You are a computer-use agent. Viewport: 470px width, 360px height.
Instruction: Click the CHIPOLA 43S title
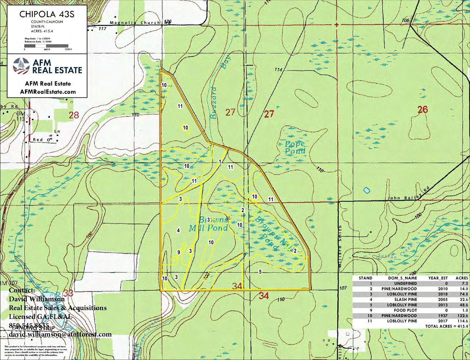(x=47, y=14)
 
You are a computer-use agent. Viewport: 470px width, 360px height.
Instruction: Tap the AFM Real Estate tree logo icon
(x=21, y=66)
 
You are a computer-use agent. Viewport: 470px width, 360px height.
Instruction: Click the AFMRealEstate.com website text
(x=48, y=92)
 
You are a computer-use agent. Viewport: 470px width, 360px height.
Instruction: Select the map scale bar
(x=46, y=46)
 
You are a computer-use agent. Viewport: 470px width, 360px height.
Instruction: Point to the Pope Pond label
(x=295, y=148)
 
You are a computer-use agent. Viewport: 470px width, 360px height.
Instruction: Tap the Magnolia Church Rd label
(x=140, y=23)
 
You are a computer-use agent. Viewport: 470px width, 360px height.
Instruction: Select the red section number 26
(x=423, y=110)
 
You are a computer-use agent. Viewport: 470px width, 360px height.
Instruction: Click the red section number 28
(x=74, y=115)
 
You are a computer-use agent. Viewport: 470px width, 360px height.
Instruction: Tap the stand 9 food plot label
(x=178, y=252)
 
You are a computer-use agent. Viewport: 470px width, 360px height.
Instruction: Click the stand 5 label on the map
(x=260, y=272)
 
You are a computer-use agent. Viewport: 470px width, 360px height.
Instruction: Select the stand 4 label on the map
(x=178, y=231)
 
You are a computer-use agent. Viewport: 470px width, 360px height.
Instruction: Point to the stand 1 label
(x=220, y=162)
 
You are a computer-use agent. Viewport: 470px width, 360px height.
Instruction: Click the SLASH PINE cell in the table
(x=406, y=300)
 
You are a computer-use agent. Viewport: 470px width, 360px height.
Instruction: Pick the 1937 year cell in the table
(x=443, y=316)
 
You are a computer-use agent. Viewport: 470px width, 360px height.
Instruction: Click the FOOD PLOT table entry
(x=405, y=310)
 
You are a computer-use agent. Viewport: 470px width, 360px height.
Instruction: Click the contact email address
(x=60, y=334)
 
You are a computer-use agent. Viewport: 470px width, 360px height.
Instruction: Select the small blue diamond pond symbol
(x=366, y=190)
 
